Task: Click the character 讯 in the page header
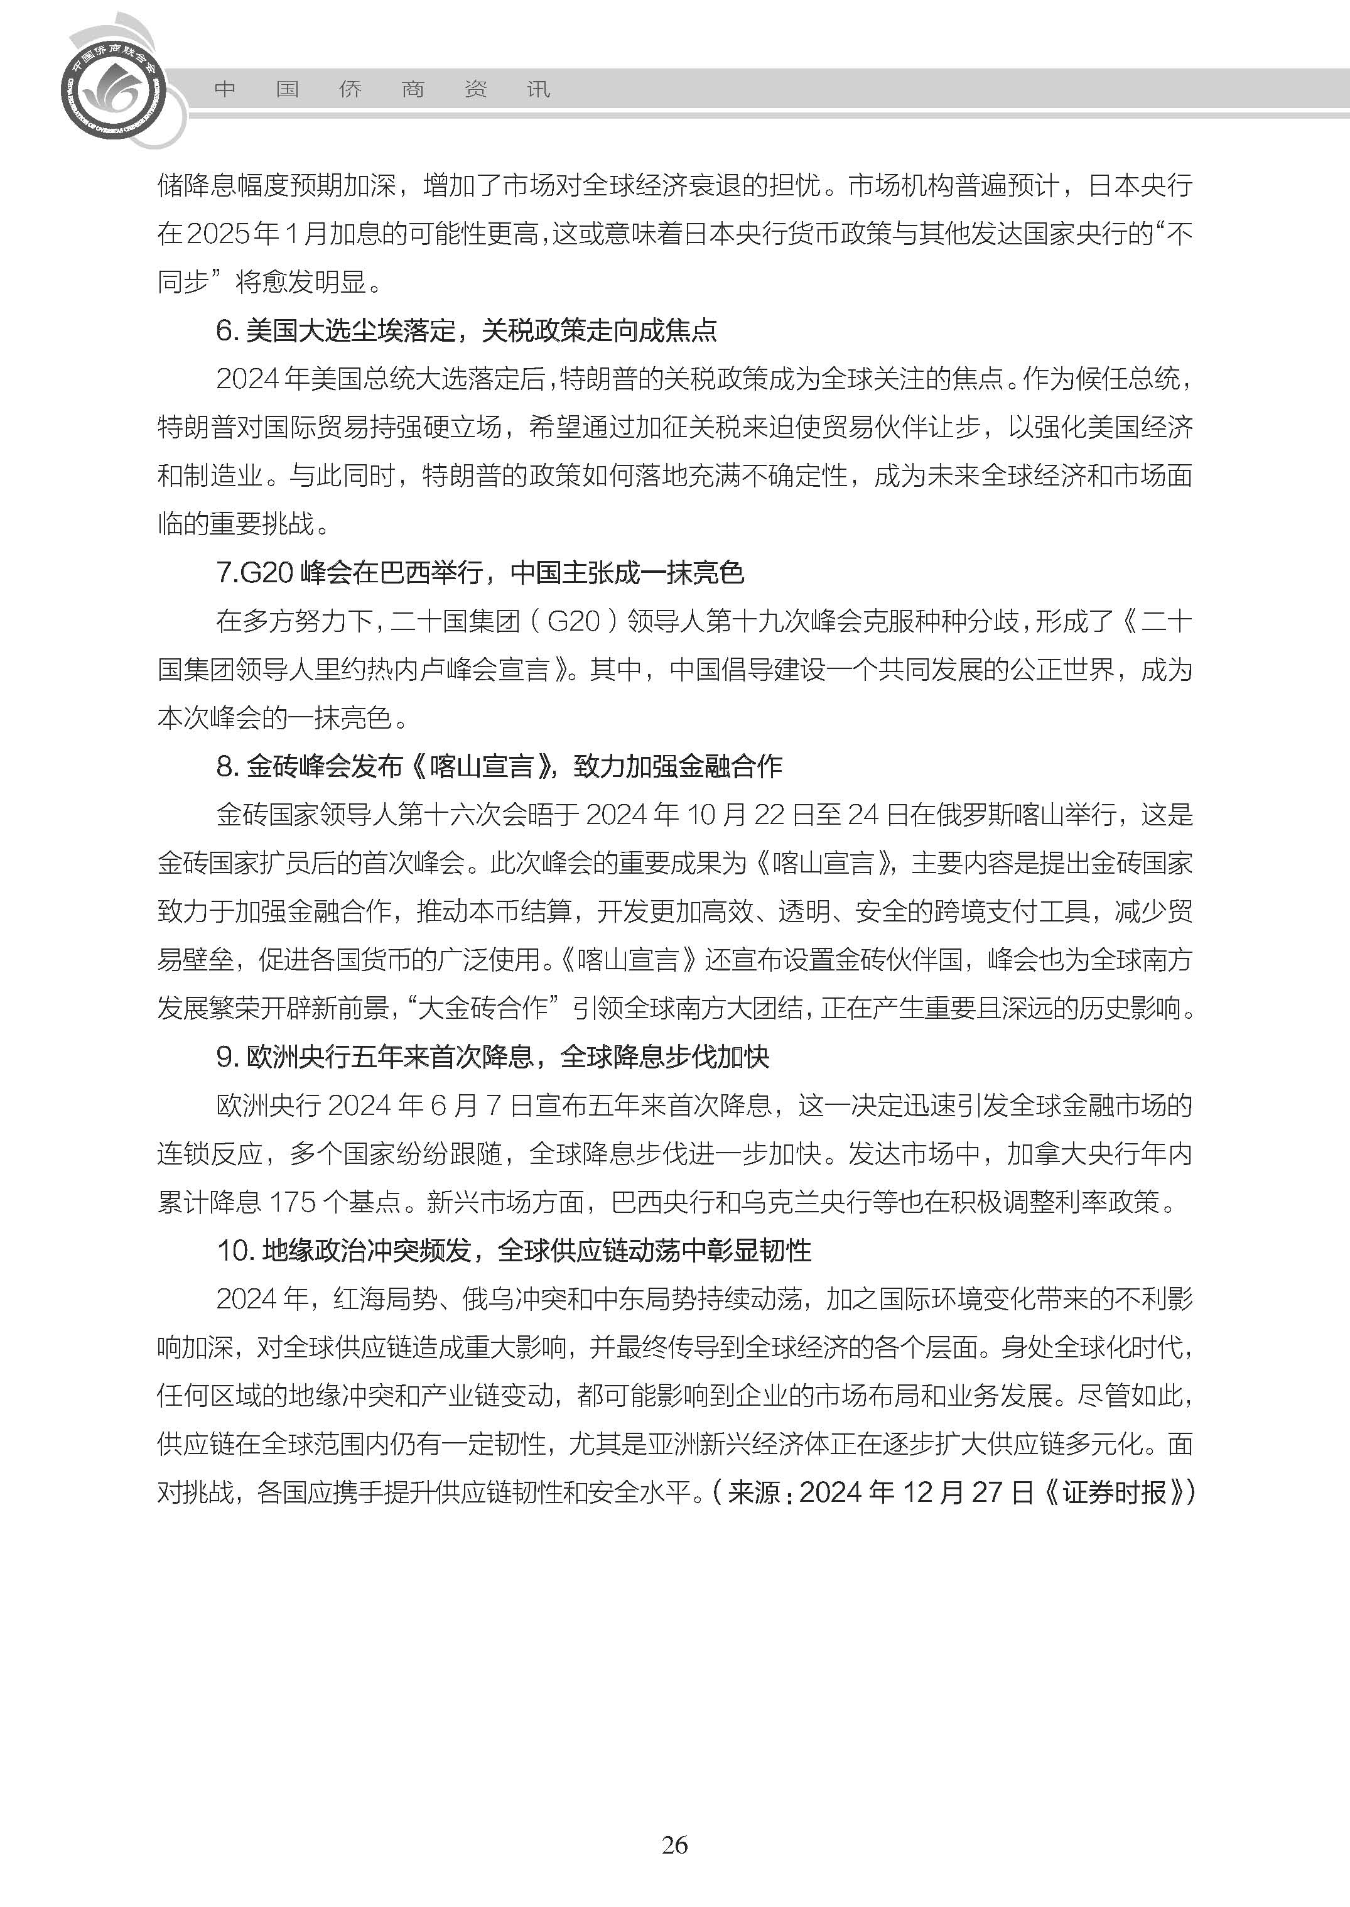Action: [x=539, y=90]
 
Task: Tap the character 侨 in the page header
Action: [x=350, y=90]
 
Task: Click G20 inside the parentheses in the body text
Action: [x=573, y=621]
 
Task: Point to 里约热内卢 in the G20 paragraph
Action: [x=379, y=670]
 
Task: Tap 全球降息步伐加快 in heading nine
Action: [x=665, y=1057]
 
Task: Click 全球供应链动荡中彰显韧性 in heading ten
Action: [x=654, y=1250]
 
